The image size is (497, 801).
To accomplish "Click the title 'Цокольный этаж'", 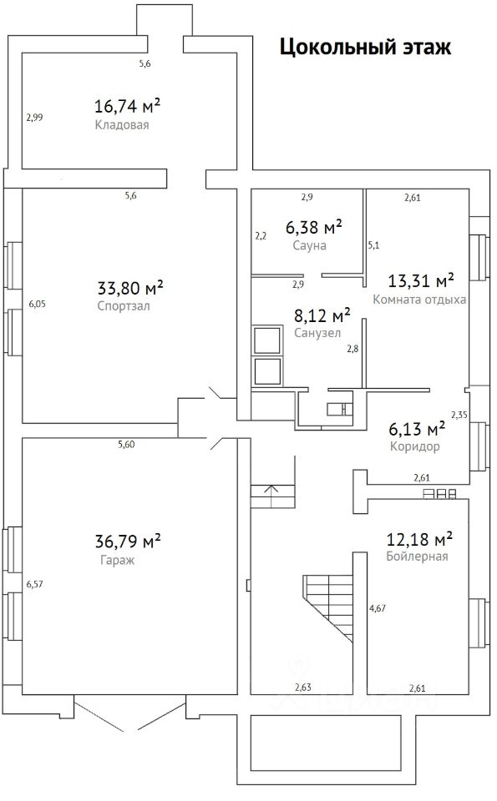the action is (x=365, y=48).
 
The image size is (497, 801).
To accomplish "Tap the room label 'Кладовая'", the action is (x=122, y=125).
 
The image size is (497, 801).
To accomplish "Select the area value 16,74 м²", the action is (x=127, y=106).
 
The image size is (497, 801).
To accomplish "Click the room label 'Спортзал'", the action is (x=124, y=306).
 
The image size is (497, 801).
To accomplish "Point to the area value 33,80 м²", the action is (x=130, y=288).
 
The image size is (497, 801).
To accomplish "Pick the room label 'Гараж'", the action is (x=117, y=560).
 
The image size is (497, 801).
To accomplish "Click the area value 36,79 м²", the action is (x=128, y=541).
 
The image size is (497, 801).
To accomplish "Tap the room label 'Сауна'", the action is (x=309, y=245).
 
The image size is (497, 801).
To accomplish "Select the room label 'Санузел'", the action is (x=317, y=333).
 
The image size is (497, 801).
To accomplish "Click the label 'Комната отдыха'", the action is (x=419, y=300).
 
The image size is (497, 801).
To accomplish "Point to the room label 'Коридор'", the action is (x=414, y=446).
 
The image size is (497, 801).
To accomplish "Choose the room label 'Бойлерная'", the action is (x=418, y=557).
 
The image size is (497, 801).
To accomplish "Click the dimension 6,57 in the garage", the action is (x=35, y=584).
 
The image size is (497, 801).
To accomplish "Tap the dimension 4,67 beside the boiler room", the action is (x=378, y=608).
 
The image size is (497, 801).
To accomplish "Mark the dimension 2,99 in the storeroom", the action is (x=35, y=118).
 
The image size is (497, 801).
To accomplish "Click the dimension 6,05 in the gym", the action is (x=38, y=304).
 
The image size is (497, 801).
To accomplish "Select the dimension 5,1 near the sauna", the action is (x=373, y=245).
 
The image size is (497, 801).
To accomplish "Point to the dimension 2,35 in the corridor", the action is (x=459, y=415).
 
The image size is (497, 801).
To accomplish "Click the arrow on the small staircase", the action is (x=271, y=491).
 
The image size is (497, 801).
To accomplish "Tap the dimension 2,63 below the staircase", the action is (x=302, y=688).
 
